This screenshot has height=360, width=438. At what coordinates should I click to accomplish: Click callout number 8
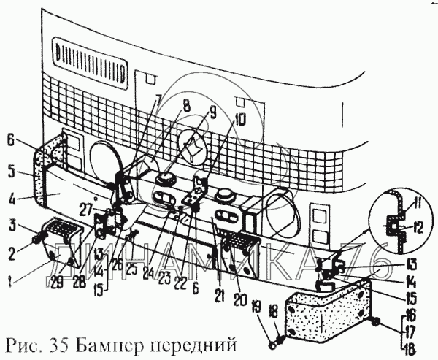pos(186,106)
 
